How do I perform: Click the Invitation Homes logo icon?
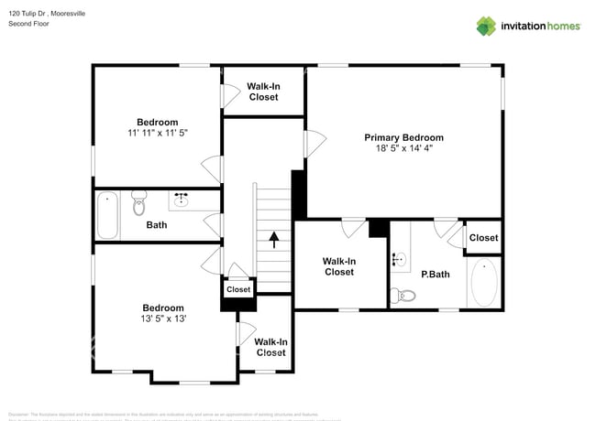pos(485,26)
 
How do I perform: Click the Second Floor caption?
pos(28,24)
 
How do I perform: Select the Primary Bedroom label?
pos(404,137)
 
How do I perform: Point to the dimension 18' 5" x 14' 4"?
pos(404,150)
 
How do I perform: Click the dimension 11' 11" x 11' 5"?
pos(158,134)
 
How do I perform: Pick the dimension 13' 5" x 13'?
pos(162,319)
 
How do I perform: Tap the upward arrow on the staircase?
pos(273,240)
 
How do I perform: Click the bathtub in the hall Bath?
pos(107,215)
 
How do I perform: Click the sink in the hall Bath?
pos(182,199)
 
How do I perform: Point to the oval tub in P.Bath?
pos(484,282)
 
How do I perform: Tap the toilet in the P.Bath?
pos(404,295)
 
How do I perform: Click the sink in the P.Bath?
pos(399,259)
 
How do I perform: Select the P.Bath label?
pos(434,274)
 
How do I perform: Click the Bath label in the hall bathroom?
pos(157,224)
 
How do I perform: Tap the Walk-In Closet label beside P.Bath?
pos(338,266)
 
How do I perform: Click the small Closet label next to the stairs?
pos(238,289)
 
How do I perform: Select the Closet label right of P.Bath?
pos(483,237)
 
